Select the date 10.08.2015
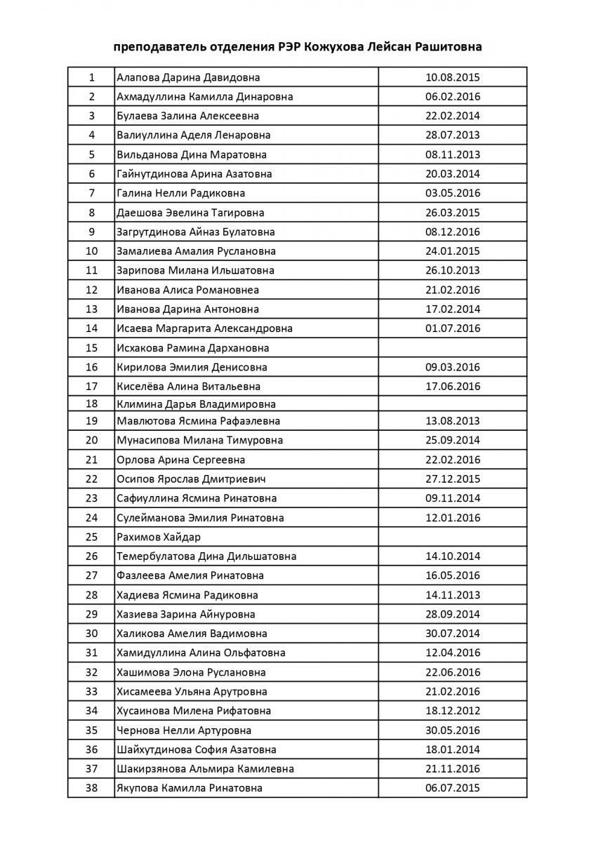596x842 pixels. click(x=453, y=77)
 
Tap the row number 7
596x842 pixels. click(x=91, y=193)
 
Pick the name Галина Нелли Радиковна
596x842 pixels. click(x=180, y=193)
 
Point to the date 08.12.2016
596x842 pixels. click(x=453, y=232)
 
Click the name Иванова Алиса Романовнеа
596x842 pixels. click(x=187, y=290)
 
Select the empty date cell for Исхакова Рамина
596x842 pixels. click(x=453, y=348)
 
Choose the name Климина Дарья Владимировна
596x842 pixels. click(x=196, y=404)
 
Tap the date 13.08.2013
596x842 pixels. click(x=453, y=421)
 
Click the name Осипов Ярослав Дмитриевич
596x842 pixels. click(x=191, y=479)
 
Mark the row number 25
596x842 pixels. click(x=91, y=537)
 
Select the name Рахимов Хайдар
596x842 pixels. click(x=159, y=537)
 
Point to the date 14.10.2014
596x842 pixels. click(x=453, y=556)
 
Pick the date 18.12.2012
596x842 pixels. click(x=453, y=711)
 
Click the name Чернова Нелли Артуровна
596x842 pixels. click(x=184, y=730)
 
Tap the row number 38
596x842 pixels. click(x=91, y=788)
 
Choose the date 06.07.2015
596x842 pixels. click(x=453, y=788)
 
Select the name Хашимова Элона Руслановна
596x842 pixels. click(x=191, y=672)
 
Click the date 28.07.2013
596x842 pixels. click(x=453, y=135)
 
